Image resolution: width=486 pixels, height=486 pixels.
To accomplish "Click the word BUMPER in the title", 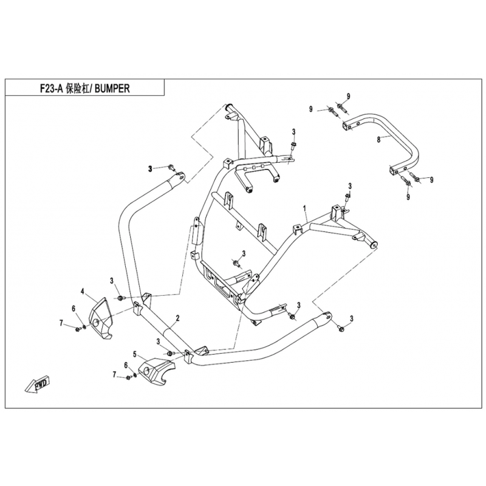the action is click(112, 89).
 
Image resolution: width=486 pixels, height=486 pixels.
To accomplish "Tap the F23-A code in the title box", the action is click(52, 89).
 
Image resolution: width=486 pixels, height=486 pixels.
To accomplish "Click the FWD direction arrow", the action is click(38, 385).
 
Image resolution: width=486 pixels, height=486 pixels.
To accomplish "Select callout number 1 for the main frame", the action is click(305, 208).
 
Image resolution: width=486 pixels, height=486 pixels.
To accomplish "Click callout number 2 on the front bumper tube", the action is click(177, 318).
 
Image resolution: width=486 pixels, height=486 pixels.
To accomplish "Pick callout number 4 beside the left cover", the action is click(83, 291).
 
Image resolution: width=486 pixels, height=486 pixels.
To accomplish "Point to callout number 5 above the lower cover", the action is click(134, 354).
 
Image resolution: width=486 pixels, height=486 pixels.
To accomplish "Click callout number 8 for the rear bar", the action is click(378, 140).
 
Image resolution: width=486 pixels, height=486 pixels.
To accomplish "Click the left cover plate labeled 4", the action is click(101, 318).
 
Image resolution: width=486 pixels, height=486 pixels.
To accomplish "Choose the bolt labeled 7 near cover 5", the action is click(129, 377).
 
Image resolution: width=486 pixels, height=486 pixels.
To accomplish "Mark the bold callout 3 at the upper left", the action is click(150, 169).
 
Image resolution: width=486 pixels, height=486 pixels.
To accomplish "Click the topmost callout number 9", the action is click(348, 96).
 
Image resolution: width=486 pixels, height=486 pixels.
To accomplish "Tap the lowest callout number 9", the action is click(408, 196).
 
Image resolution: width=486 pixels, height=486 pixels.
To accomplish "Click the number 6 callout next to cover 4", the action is click(74, 309).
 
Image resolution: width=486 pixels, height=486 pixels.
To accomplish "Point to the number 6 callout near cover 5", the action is click(126, 366).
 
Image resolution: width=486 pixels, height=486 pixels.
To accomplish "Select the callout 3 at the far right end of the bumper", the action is click(352, 318).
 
